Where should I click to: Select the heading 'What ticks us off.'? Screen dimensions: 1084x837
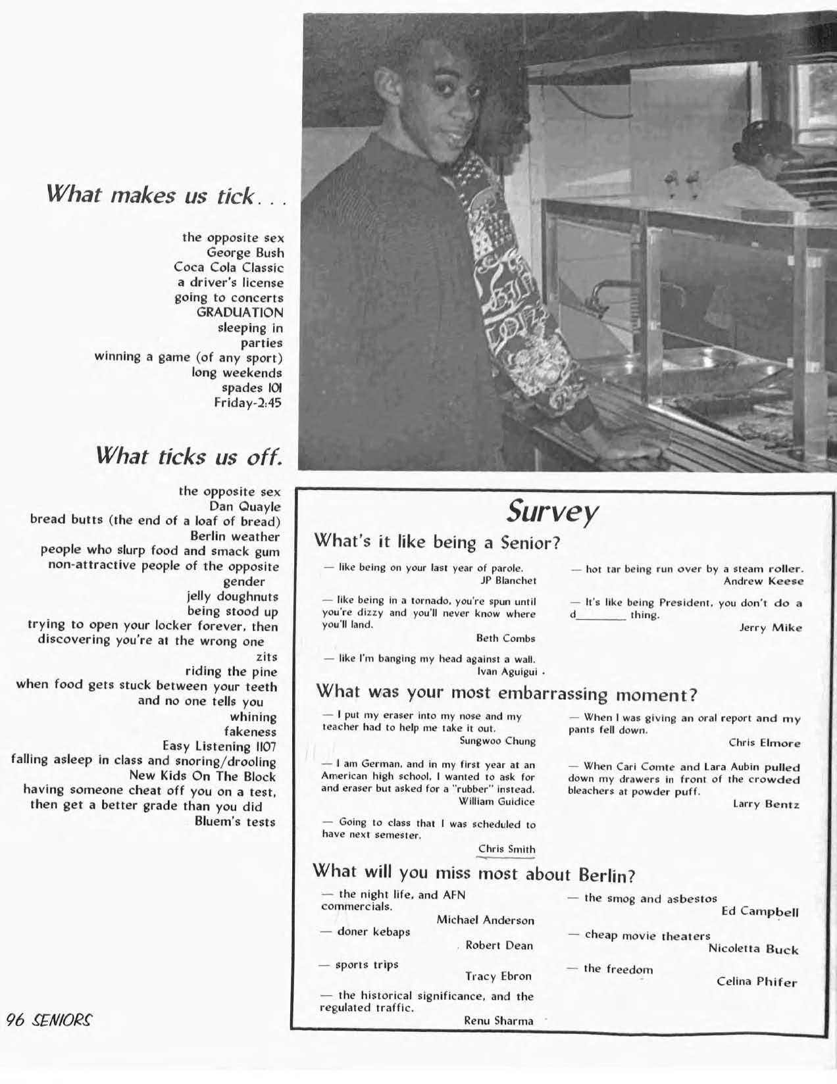tap(189, 456)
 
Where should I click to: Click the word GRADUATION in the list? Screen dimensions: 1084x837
tap(240, 312)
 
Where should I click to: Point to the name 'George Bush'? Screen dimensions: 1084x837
tap(245, 253)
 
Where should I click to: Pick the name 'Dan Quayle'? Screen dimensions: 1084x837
tap(245, 506)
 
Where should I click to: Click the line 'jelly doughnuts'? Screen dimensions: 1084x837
tap(232, 597)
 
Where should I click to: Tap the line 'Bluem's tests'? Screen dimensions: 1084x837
tap(235, 822)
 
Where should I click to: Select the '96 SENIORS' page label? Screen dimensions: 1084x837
tap(49, 1020)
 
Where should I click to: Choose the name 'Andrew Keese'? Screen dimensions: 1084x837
tap(763, 581)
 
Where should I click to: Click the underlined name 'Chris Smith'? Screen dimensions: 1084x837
tap(507, 849)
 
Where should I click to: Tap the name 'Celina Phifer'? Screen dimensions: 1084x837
tap(756, 982)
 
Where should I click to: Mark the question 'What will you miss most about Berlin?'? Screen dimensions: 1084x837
tap(474, 874)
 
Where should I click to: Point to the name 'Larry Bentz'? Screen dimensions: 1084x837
tap(766, 804)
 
